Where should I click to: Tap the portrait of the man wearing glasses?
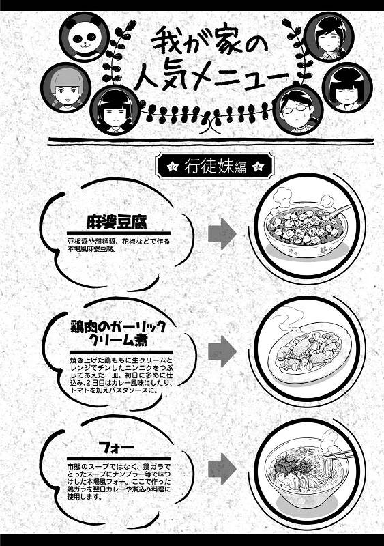coord(298,109)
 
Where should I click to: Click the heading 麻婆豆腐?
coord(117,222)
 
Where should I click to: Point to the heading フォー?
coord(116,448)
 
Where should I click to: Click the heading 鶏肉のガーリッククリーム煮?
coord(118,333)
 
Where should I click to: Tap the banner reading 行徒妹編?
coord(215,166)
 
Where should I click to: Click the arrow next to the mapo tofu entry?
coord(222,233)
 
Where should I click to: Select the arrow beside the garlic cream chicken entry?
coord(222,351)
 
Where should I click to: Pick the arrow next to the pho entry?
coord(222,469)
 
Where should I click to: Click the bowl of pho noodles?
coord(304,474)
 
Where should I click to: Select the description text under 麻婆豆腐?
coord(119,245)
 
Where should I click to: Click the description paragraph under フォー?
coord(119,481)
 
